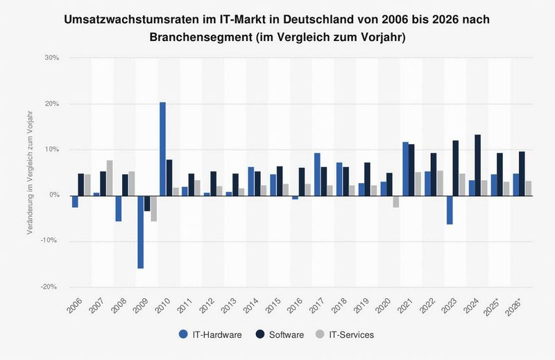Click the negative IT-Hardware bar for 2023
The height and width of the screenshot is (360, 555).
pyautogui.click(x=449, y=209)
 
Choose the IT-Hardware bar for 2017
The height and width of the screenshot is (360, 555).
pyautogui.click(x=316, y=174)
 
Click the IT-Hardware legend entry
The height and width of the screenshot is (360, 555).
pyautogui.click(x=211, y=335)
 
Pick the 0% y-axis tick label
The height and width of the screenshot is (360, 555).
pyautogui.click(x=52, y=195)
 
